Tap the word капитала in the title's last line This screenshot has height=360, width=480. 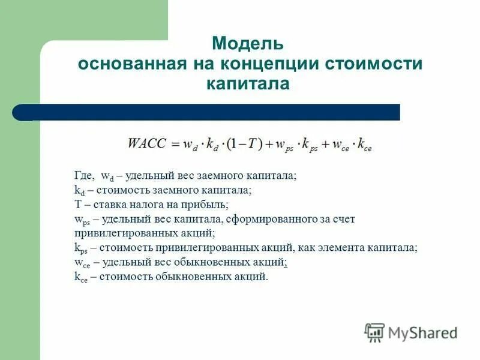tap(248, 83)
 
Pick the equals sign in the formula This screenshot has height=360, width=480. tap(175, 144)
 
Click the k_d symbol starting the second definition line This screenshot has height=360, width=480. tap(79, 190)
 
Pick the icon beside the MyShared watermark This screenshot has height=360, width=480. tap(374, 332)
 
